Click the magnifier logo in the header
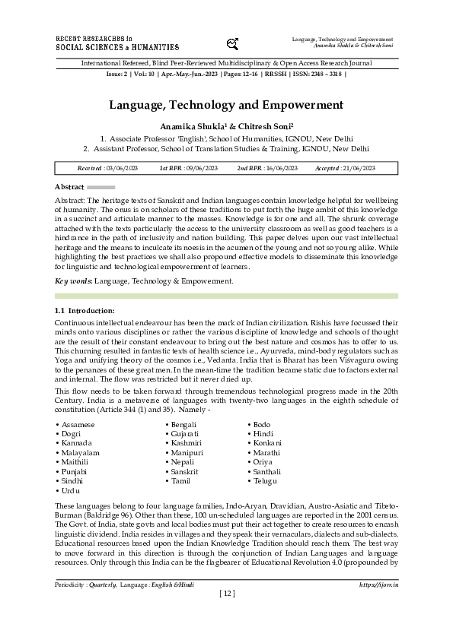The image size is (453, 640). pos(234,43)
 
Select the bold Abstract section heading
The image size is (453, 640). pos(69,186)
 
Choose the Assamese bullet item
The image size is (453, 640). pos(78,423)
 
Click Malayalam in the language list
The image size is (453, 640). pos(81,452)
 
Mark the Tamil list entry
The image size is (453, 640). pos(180,482)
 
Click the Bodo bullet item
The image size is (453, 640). pos(260,423)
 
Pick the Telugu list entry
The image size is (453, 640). pos(264,482)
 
